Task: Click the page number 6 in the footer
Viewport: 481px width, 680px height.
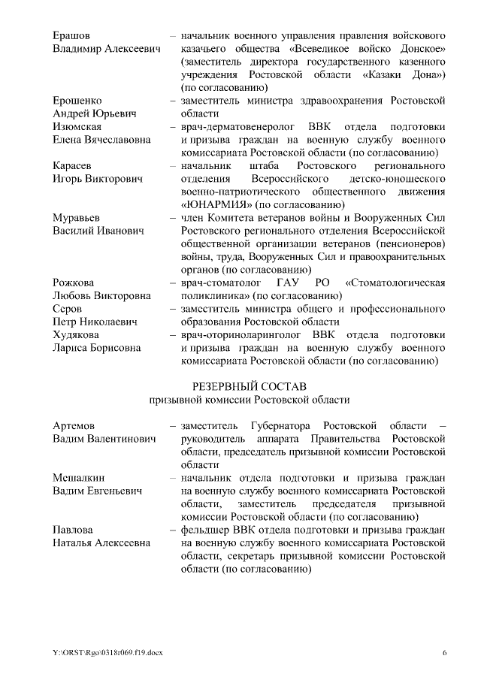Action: point(444,651)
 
